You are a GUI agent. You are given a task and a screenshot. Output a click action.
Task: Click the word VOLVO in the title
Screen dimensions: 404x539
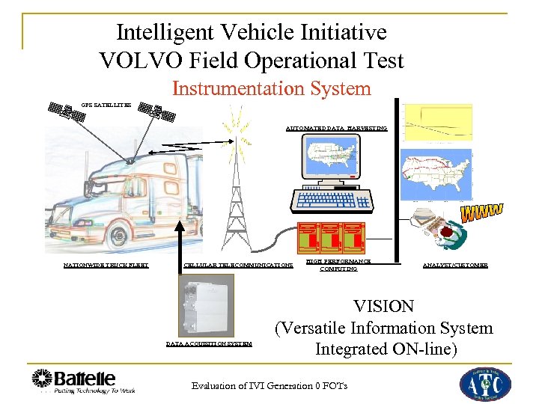point(137,61)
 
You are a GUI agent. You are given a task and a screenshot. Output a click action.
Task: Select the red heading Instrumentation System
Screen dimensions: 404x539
point(272,88)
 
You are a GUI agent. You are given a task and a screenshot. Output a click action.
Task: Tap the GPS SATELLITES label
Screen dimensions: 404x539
point(106,105)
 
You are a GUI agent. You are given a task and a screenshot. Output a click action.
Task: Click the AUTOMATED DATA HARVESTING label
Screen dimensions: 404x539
point(336,129)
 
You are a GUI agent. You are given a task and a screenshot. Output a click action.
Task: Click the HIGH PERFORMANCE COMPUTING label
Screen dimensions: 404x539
point(338,265)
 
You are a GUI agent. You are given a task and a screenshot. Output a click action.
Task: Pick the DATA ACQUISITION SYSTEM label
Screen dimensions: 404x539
point(209,345)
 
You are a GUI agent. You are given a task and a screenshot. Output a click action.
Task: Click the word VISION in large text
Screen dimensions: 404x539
point(385,307)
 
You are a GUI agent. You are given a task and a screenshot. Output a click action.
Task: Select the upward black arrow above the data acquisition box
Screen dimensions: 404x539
point(180,239)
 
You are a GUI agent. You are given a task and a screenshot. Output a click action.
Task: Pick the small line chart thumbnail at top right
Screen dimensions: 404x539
point(438,122)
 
